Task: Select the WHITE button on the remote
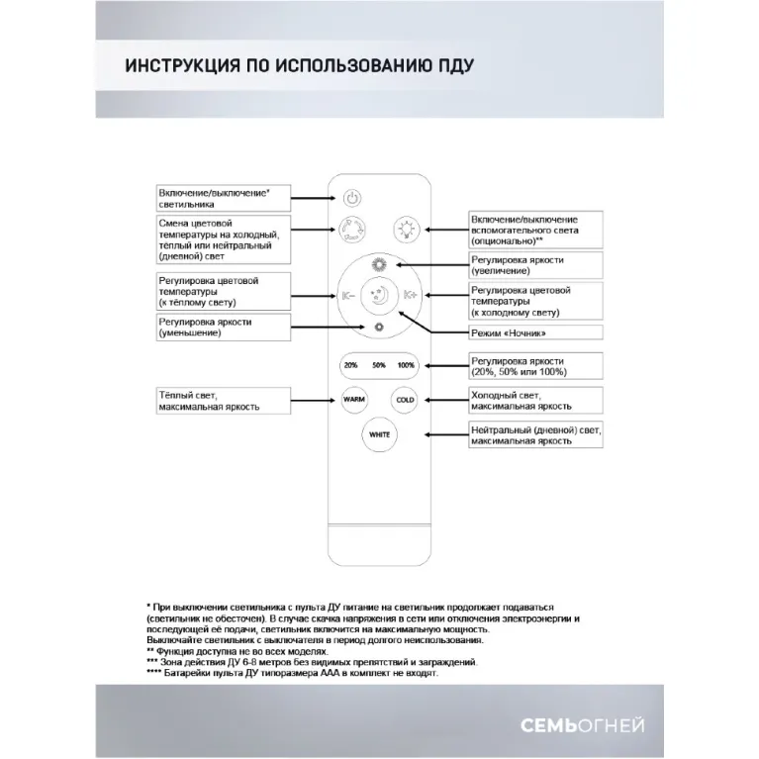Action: click(379, 434)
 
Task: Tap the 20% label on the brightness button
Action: click(351, 365)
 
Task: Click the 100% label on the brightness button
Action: click(406, 365)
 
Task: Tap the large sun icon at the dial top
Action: click(379, 263)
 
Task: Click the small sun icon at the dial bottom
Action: click(379, 327)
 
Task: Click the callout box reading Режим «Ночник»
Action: click(522, 334)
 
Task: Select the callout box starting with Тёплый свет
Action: click(223, 400)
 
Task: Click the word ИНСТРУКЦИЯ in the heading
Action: click(177, 67)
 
